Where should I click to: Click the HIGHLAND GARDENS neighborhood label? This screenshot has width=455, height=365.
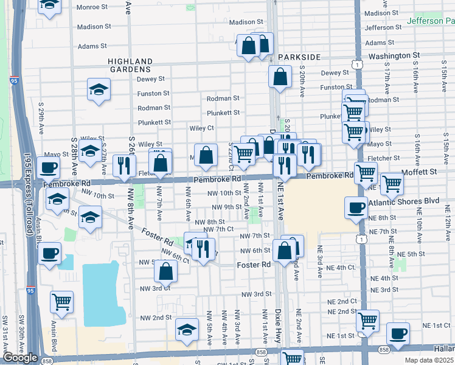pyautogui.click(x=130, y=66)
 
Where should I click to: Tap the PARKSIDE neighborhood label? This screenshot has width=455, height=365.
pyautogui.click(x=299, y=57)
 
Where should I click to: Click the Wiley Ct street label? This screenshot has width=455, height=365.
pyautogui.click(x=202, y=128)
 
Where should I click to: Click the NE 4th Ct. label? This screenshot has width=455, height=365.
pyautogui.click(x=341, y=267)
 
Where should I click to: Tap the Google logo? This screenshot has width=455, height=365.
pyautogui.click(x=20, y=358)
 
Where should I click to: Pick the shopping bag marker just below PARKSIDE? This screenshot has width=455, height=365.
pyautogui.click(x=280, y=77)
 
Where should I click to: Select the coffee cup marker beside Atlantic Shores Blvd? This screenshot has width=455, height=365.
pyautogui.click(x=356, y=207)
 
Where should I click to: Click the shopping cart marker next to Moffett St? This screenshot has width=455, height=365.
pyautogui.click(x=392, y=182)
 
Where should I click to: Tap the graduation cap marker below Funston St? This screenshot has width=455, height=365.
pyautogui.click(x=98, y=89)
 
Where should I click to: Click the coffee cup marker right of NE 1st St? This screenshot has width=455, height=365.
pyautogui.click(x=397, y=333)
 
